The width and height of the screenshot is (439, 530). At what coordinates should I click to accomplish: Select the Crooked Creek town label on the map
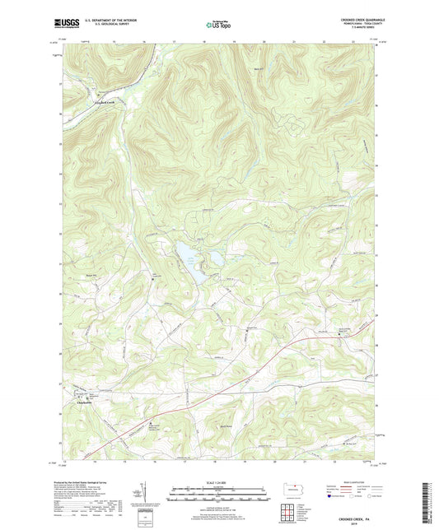108,102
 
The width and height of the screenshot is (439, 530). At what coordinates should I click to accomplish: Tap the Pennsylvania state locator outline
294,486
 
